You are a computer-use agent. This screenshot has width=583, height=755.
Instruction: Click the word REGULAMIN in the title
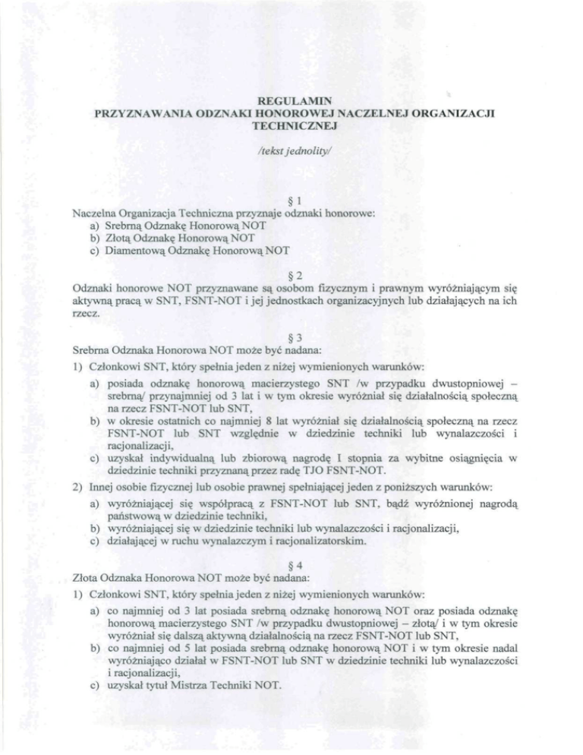coord(292,100)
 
